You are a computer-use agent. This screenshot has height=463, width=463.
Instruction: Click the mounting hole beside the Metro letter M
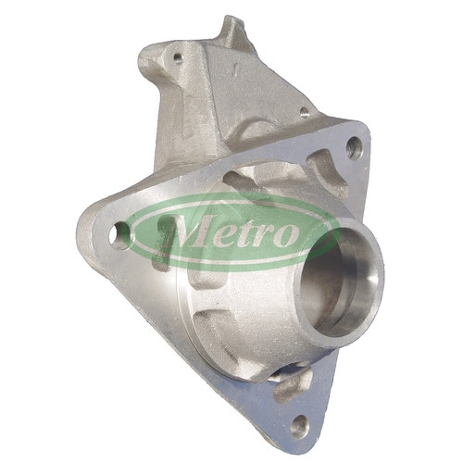119,236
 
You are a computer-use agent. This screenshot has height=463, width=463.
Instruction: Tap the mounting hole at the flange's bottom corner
300,425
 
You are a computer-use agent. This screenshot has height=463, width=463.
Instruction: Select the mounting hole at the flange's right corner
355,148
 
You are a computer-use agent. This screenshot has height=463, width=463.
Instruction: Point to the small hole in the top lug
178,56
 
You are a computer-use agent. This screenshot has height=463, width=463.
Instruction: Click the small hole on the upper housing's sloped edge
305,112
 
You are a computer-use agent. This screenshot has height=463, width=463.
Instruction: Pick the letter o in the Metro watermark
286,233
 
